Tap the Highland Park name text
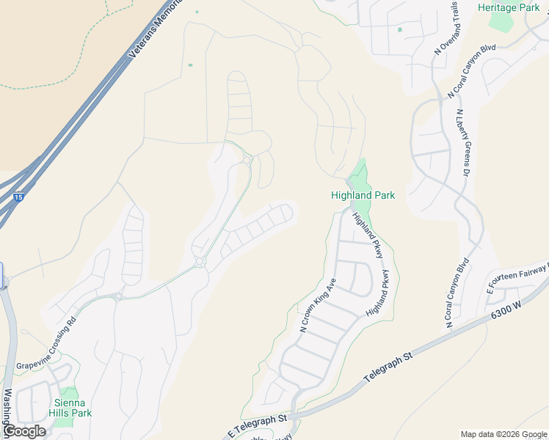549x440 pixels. [363, 196]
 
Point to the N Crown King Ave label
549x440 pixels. [318, 304]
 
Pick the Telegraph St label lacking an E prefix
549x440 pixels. [389, 369]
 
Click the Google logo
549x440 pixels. [23, 431]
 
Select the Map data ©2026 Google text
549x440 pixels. [504, 434]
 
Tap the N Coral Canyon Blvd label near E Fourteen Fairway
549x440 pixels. [455, 292]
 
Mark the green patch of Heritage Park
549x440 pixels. [502, 21]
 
